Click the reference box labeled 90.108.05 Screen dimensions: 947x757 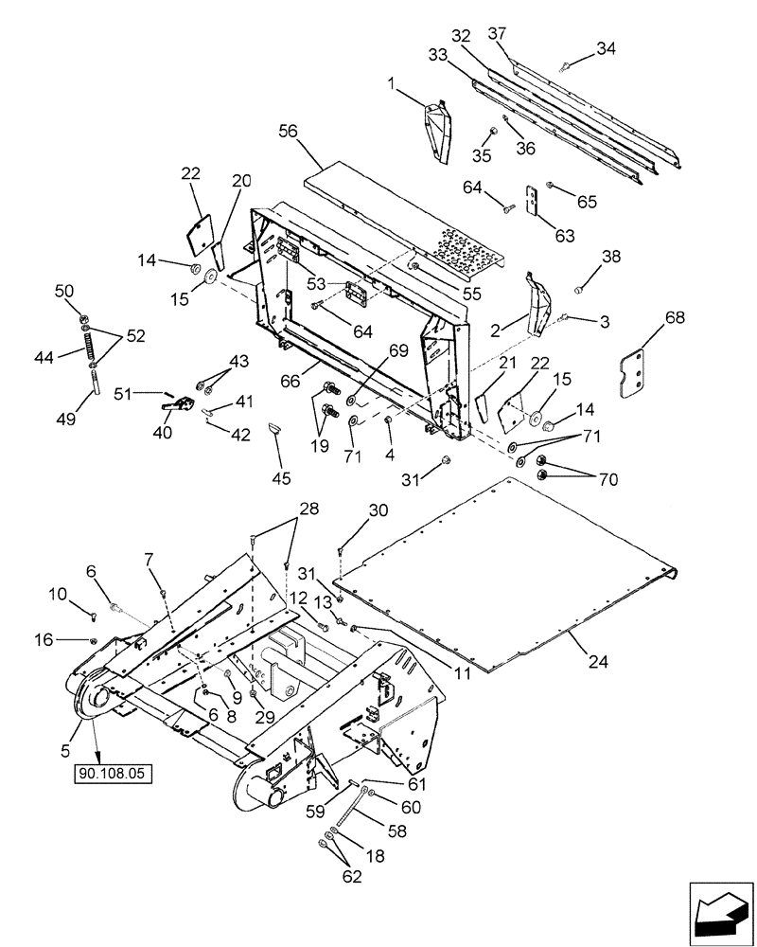coord(113,773)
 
